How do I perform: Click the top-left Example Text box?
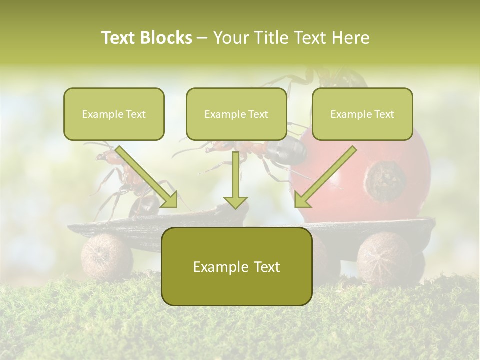click(114, 114)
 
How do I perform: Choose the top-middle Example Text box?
click(236, 114)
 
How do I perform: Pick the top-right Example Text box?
click(362, 114)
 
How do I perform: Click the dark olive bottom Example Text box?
click(236, 266)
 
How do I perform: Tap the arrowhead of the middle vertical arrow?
click(235, 202)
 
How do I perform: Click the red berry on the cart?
click(380, 165)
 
